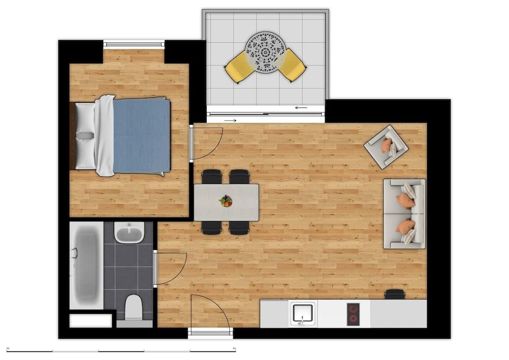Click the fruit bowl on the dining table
(x=225, y=201)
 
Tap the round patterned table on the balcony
(x=265, y=52)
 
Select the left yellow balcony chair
(x=239, y=66)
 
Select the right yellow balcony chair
(x=292, y=65)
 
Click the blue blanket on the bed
(x=142, y=135)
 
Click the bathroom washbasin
(x=129, y=233)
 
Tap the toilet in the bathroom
(x=134, y=308)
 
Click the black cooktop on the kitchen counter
(x=353, y=314)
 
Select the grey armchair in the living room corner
(x=386, y=147)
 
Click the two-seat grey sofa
(x=405, y=213)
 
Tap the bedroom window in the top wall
(x=134, y=44)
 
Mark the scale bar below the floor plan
(x=121, y=350)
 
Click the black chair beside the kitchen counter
(x=395, y=294)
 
